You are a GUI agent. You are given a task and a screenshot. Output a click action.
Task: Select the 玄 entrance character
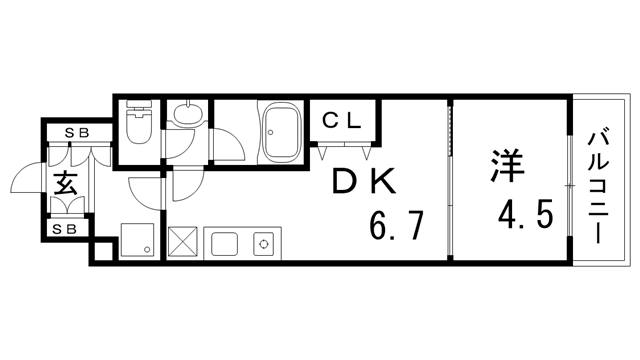coord(66,184)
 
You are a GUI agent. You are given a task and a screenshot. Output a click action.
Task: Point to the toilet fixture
coord(138,127)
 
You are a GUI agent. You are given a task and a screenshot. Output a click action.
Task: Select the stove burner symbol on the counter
coord(264,243)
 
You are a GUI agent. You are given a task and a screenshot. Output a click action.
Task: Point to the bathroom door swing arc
coord(228,145)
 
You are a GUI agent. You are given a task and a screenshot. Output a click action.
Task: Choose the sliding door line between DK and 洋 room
coord(450,180)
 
